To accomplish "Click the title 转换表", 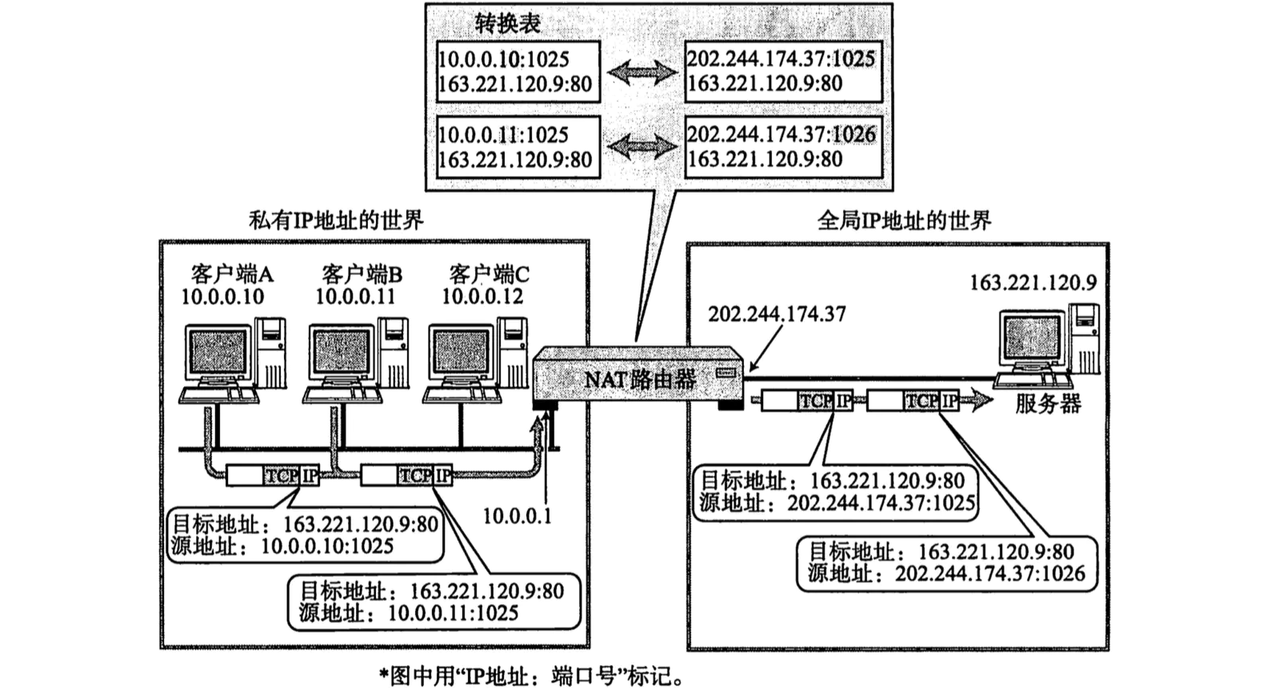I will (x=508, y=23).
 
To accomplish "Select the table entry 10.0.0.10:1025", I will (x=503, y=59).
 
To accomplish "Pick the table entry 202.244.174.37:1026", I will (x=781, y=134).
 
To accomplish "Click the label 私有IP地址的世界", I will (x=336, y=220).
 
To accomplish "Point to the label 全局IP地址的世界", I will (x=904, y=220).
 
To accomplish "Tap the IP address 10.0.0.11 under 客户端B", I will (x=355, y=297).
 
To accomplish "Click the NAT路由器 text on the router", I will (x=639, y=378).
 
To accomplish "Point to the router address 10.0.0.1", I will (x=517, y=516).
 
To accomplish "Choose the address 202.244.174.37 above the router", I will (x=776, y=314).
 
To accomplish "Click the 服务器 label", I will (x=1048, y=404).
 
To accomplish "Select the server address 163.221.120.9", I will (x=1032, y=282).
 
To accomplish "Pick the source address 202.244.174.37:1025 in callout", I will (x=881, y=503).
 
